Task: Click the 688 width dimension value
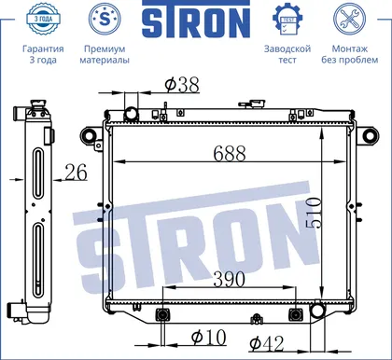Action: [230, 153]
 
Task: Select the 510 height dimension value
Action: [314, 213]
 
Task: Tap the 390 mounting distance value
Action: [230, 279]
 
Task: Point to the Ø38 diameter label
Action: [182, 84]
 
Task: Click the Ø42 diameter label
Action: [267, 343]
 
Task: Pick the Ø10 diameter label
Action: [208, 337]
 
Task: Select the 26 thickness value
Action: [77, 173]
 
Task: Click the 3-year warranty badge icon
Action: [43, 19]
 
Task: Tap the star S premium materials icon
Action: [105, 19]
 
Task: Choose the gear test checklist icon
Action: [287, 19]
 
